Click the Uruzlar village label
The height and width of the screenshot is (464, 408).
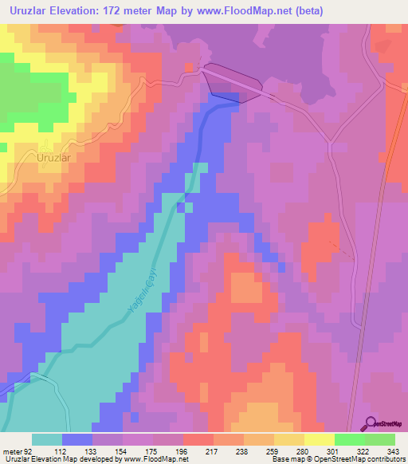pos(55,158)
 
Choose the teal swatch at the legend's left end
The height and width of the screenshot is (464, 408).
pos(47,439)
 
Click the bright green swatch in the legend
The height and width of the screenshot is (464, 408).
pos(349,439)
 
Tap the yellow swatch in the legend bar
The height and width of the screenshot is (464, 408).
pos(319,439)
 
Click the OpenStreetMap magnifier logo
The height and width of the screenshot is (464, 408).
pos(371,424)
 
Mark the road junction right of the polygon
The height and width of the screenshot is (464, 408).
pos(329,142)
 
